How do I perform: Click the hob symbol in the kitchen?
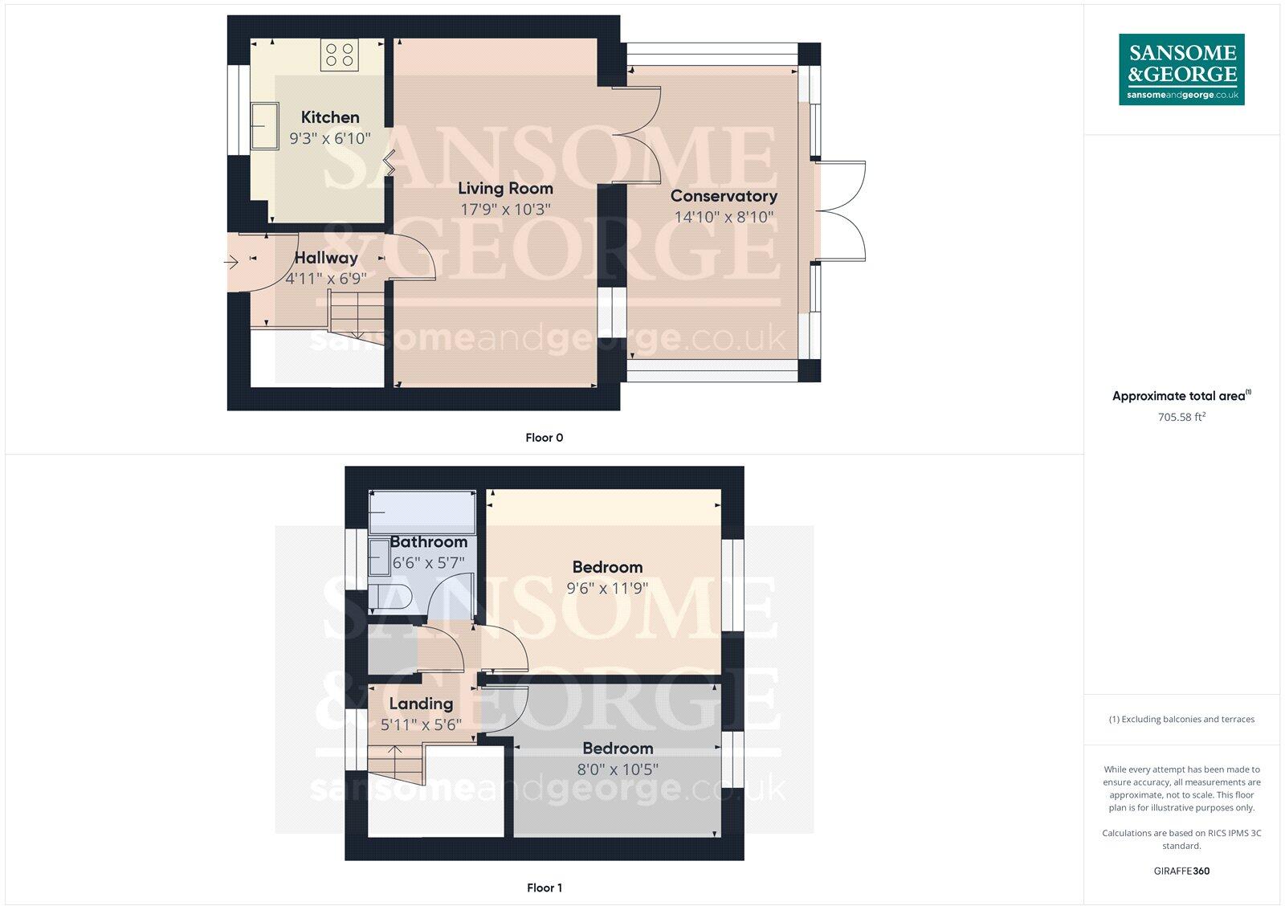[x=338, y=55]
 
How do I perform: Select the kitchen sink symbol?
[x=263, y=125]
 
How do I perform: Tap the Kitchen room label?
[x=330, y=117]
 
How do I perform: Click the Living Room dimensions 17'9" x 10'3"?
[x=505, y=210]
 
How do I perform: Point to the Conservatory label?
[x=724, y=196]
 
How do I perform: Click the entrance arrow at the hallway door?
[x=231, y=262]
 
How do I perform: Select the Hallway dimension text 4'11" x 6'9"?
[x=326, y=279]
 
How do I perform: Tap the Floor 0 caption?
[x=544, y=438]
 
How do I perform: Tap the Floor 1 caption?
[x=544, y=888]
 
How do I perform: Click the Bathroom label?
[x=428, y=542]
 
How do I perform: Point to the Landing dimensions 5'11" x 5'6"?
[x=421, y=724]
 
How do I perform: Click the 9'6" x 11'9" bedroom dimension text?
[x=607, y=588]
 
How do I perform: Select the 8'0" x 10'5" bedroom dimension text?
[x=617, y=769]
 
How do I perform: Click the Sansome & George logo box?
[x=1181, y=69]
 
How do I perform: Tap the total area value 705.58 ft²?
[x=1181, y=417]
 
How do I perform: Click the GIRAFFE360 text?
[x=1181, y=871]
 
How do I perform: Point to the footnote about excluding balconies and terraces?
[x=1181, y=719]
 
